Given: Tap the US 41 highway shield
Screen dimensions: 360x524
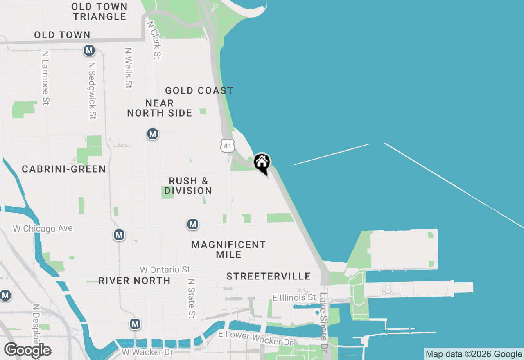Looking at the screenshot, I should coord(227,145).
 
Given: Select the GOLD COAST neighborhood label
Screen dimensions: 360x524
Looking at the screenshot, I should coord(199,90).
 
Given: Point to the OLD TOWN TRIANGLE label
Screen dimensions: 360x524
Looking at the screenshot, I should coord(100,11).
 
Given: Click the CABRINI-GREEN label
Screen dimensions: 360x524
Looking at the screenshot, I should coord(64,169).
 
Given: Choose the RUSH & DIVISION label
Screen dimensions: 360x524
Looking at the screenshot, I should coord(188,186).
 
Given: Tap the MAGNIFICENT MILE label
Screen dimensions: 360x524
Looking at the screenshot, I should coord(228,250).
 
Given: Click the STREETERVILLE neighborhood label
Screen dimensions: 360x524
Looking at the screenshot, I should coord(269,276).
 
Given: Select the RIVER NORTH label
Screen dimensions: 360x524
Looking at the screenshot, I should coord(134,281).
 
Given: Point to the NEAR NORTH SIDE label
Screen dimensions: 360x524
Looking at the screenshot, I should coord(160,108).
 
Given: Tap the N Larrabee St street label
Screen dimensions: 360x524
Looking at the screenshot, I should coord(45,78).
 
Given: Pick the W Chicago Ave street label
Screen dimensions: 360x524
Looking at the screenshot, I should coord(43,228).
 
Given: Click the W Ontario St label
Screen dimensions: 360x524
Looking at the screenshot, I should coord(165,270).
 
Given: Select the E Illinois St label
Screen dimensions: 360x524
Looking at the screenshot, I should coord(294,297).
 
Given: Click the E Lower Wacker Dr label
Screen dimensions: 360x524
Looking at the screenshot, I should coord(256,338).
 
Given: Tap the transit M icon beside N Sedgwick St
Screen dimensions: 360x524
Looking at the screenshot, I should coord(89,51).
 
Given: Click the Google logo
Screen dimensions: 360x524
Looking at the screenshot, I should coord(27,350).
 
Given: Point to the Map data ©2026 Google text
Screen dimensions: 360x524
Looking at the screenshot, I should coord(474,354).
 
